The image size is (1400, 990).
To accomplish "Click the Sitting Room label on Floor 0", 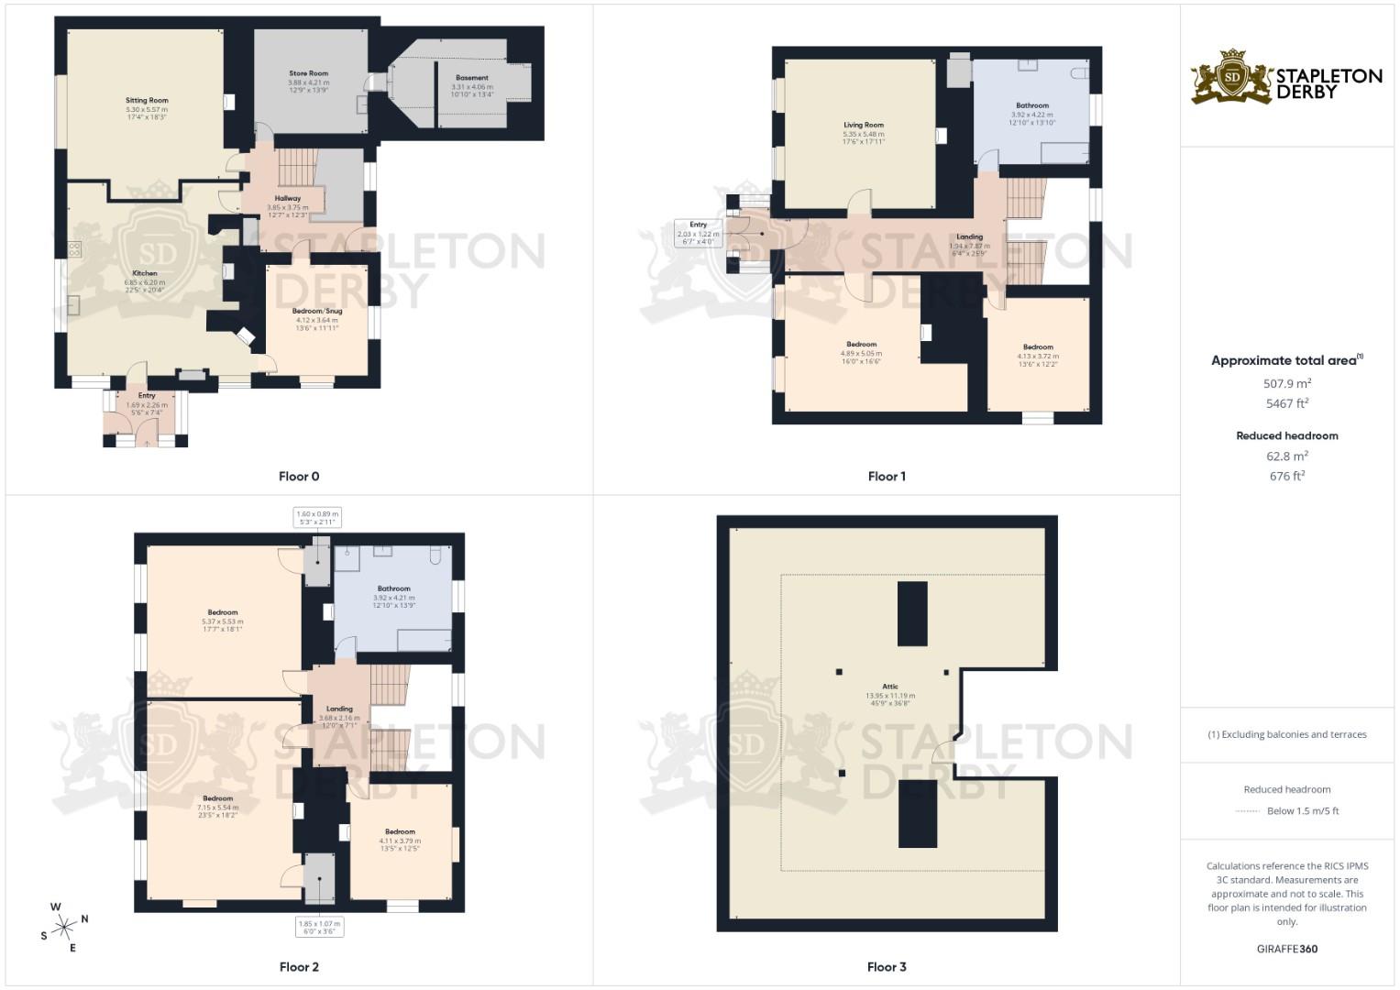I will click(147, 101).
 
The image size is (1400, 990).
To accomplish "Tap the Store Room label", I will click(308, 73).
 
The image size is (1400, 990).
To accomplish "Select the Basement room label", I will click(472, 78).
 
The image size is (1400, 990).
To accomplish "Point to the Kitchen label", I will click(145, 273).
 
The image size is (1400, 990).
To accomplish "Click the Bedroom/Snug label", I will click(317, 311).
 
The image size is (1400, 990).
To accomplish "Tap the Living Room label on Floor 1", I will click(864, 125).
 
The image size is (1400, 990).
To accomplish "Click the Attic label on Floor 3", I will click(890, 687).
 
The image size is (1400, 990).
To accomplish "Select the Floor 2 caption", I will click(299, 966).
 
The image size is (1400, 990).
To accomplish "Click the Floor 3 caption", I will click(887, 966).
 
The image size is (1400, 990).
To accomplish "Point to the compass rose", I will click(63, 928).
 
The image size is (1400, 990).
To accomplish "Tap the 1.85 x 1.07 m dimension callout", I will click(319, 928).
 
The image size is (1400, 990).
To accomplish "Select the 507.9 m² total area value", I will click(1287, 384).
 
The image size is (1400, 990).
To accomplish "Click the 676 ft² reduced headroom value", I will click(1287, 476).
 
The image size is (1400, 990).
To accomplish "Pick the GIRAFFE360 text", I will click(1287, 949).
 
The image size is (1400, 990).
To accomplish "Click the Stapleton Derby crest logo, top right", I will click(1233, 77).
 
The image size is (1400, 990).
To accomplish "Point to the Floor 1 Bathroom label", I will click(1032, 105).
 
